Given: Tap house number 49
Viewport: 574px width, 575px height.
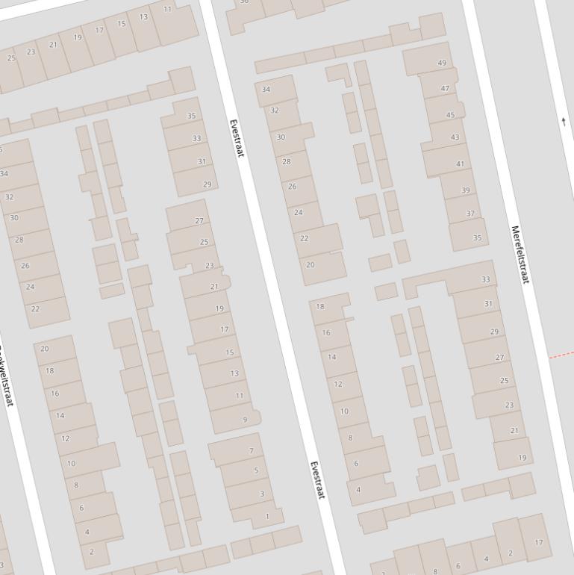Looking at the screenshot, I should pos(442,63).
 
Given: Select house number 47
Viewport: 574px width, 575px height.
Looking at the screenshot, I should pos(446,89).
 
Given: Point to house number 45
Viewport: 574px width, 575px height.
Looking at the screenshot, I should pos(450,115).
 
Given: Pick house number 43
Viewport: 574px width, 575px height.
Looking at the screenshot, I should pos(455,137).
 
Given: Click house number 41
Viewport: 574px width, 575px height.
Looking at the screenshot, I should pos(460,164).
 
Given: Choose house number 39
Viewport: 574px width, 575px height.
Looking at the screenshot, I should pos(466,190).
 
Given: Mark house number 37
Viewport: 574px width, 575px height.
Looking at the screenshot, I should pos(470,214).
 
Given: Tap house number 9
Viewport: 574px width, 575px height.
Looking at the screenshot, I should pos(245,420).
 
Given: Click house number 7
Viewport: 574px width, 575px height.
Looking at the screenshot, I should pos(251,451).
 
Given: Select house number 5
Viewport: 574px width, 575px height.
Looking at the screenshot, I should pos(256,470).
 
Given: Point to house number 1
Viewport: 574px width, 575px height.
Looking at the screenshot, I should pos(267,516).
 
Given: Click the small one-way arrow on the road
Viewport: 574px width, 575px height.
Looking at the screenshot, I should pos(564,120).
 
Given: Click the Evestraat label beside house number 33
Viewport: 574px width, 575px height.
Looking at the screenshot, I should pos(237,138).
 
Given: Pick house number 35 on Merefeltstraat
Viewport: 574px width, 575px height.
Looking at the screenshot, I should pos(477,238).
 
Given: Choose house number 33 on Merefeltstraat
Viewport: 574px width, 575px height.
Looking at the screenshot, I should pos(486,280).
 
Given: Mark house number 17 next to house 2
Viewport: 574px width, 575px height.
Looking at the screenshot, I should pos(539,543).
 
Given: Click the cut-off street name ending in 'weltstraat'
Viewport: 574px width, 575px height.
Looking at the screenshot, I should pos(6,377).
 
